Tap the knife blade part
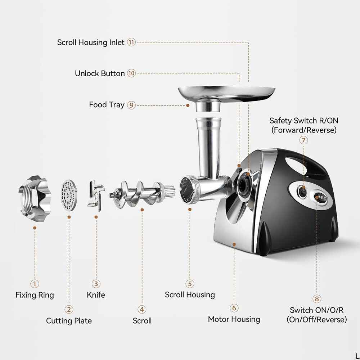click(x=95, y=196)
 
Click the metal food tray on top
click(x=226, y=93)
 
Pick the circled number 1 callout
click(x=35, y=284)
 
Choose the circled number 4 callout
click(x=142, y=309)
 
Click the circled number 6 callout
click(x=234, y=308)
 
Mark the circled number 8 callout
click(x=317, y=298)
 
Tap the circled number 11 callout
click(x=131, y=42)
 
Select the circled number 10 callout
click(x=131, y=73)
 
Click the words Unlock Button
click(x=100, y=73)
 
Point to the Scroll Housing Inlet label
click(x=91, y=42)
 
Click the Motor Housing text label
click(x=234, y=319)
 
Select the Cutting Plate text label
click(x=69, y=321)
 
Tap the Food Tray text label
click(x=107, y=105)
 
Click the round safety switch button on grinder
click(x=303, y=191)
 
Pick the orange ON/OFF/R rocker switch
click(x=320, y=197)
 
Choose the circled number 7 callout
click(x=304, y=140)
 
